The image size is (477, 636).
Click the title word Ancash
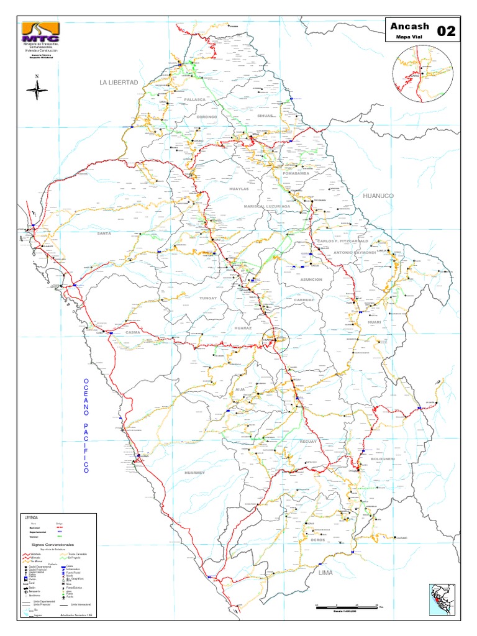[408, 27]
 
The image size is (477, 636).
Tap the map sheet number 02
[447, 32]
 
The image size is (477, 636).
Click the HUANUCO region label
[378, 196]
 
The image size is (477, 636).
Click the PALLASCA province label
[194, 99]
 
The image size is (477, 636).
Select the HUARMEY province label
[195, 473]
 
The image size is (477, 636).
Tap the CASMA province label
[133, 332]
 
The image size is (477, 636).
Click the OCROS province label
[319, 540]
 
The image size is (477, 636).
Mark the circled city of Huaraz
[275, 340]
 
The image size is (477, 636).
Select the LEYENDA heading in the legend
[32, 517]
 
